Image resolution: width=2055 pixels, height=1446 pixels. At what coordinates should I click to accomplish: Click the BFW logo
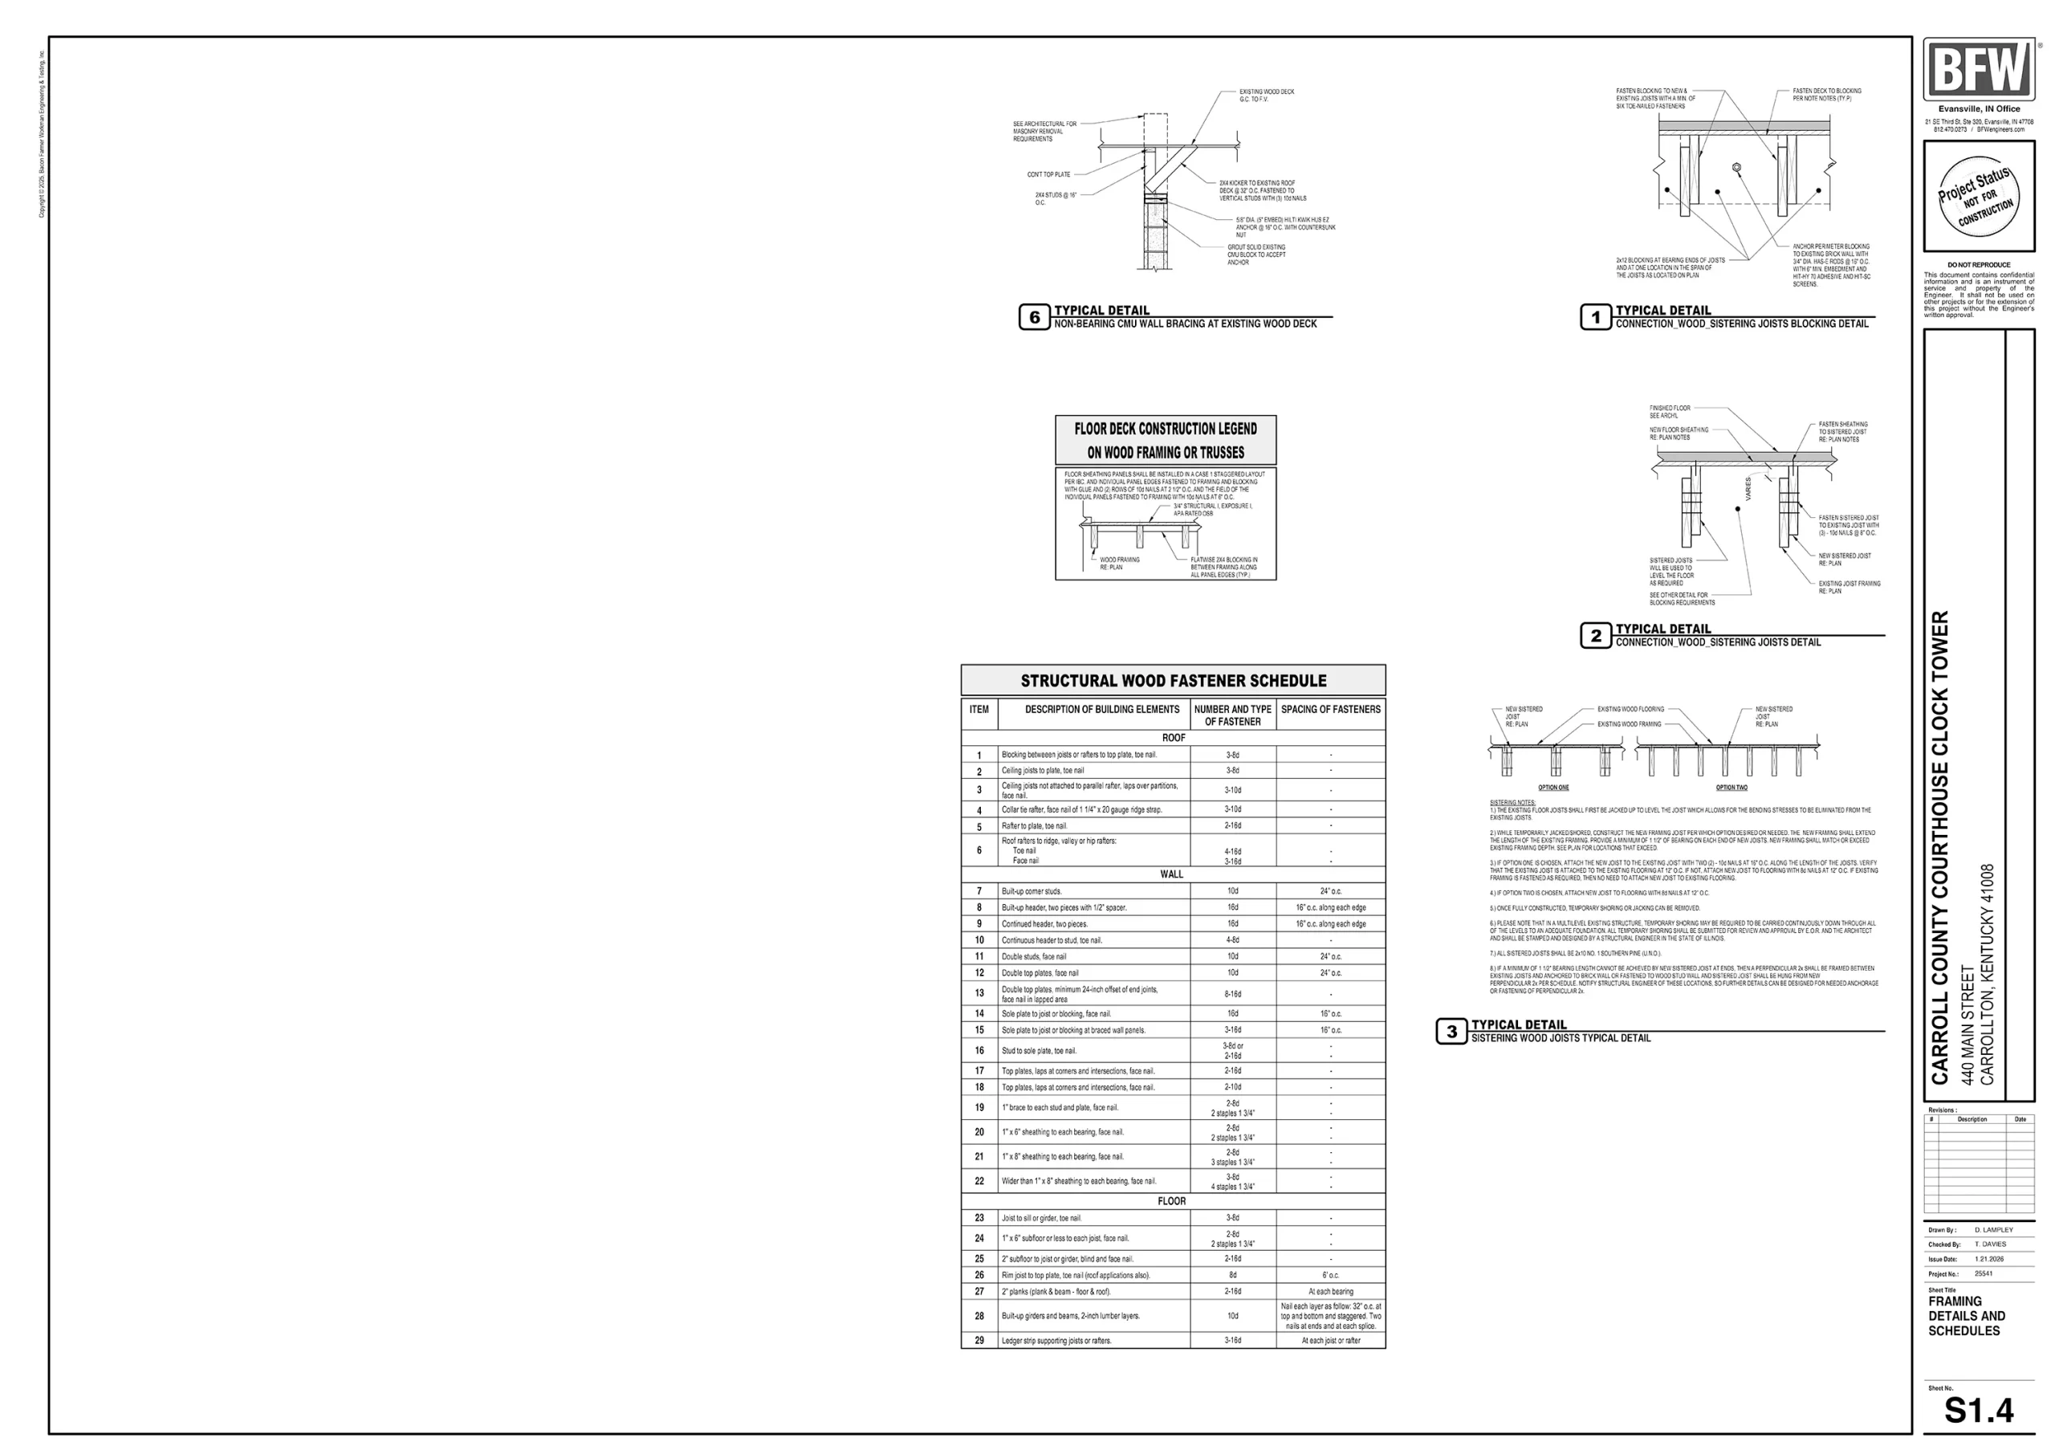coord(1978,70)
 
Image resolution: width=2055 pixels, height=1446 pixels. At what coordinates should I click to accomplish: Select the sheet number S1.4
coord(1979,1410)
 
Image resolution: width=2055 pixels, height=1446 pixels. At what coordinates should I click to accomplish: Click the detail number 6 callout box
coord(1034,317)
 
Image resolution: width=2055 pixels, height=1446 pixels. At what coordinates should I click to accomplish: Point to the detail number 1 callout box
coord(1595,317)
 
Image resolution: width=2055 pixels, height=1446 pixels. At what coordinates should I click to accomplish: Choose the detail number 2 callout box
coord(1595,636)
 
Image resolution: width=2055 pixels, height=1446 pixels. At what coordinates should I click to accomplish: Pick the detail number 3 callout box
coord(1451,1032)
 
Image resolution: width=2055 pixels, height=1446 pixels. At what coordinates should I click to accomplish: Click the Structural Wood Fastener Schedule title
coord(1174,681)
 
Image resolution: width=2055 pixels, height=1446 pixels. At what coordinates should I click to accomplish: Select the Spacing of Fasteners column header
coord(1330,709)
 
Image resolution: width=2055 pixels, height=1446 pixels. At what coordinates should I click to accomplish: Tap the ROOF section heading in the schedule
coord(1174,738)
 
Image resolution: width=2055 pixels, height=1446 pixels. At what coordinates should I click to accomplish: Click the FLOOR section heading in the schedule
coord(1172,1200)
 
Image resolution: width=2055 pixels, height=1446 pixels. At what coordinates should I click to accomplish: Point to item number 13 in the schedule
coord(979,993)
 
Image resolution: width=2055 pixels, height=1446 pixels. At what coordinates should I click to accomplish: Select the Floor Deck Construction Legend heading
coord(1166,440)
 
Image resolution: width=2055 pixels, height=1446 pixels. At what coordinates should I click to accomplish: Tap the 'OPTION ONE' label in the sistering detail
coord(1552,788)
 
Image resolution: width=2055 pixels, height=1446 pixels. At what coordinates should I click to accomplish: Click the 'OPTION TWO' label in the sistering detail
coord(1731,788)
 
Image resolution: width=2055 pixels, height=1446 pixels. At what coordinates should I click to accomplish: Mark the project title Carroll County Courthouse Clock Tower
coord(1939,847)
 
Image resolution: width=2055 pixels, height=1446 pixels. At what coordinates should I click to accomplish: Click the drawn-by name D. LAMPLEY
coord(1993,1229)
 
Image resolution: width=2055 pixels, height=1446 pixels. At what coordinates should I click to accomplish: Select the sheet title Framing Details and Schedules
coord(1967,1315)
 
